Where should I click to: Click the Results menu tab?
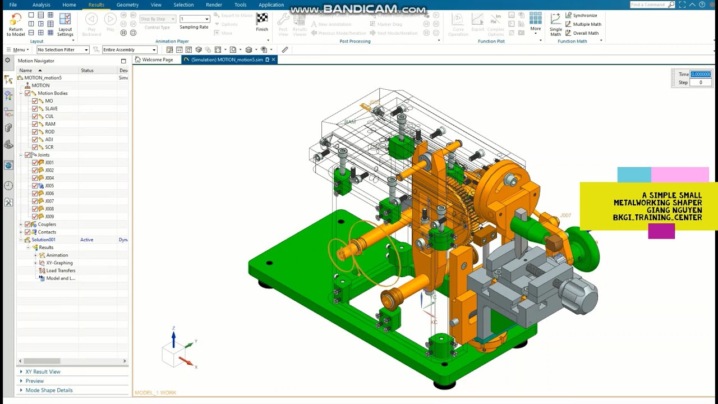coord(96,4)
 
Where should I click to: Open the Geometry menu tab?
coord(127,4)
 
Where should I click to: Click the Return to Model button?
coord(16,24)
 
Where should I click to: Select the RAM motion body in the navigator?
coord(50,124)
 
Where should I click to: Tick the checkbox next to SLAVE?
coord(35,109)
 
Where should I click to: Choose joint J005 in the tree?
coord(49,186)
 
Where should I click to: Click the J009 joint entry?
coord(49,217)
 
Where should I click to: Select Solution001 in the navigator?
coord(43,240)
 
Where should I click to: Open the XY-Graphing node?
coord(59,263)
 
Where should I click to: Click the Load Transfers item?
coord(61,270)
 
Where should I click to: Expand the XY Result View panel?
coord(43,371)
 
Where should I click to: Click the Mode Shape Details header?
coord(49,390)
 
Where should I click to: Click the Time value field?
coord(701,74)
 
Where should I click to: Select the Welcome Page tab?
coord(157,59)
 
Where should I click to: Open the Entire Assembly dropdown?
coord(129,50)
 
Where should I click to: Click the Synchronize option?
coord(584,16)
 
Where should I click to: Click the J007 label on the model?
coord(565,215)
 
